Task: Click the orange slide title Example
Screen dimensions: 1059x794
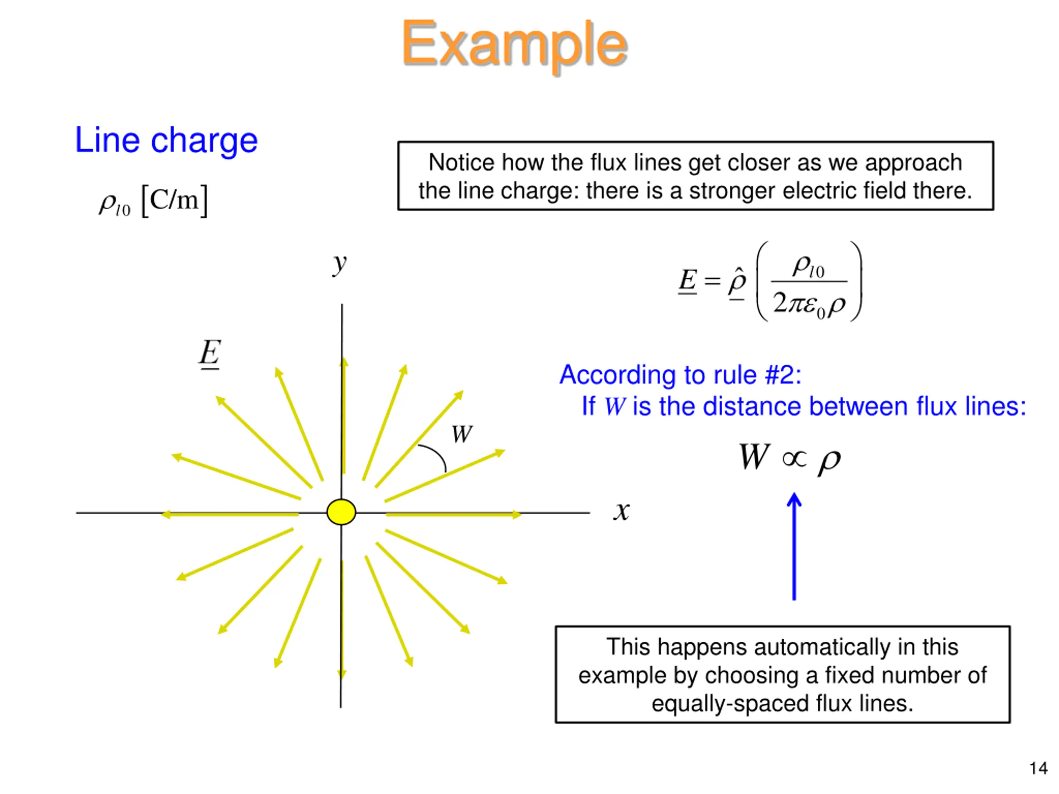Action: (x=515, y=44)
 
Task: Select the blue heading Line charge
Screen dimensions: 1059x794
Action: (x=166, y=140)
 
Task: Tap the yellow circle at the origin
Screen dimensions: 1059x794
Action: (x=341, y=512)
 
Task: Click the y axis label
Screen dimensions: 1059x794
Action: (x=340, y=264)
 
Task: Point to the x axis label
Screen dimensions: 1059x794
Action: (x=622, y=511)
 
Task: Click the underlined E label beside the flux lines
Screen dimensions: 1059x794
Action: (x=210, y=353)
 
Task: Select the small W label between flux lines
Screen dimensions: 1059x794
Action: (x=462, y=435)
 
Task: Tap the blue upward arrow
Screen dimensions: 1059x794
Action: (x=794, y=545)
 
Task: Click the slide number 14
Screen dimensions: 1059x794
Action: (x=1038, y=769)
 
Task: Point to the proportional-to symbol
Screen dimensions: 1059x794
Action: (x=794, y=459)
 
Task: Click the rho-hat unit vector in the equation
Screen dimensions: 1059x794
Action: (x=737, y=282)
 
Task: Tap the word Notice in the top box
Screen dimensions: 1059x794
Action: (x=462, y=163)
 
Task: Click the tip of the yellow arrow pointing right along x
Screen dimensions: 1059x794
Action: (x=520, y=514)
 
